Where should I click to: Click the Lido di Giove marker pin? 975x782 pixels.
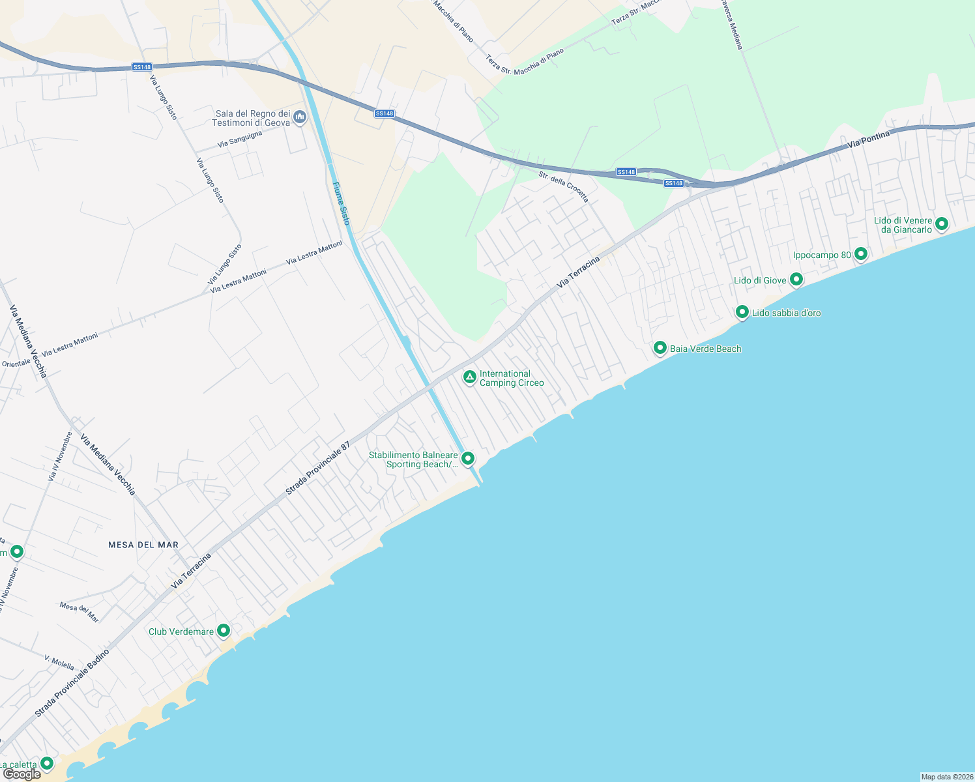tap(796, 280)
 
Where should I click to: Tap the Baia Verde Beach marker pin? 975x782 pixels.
tap(660, 348)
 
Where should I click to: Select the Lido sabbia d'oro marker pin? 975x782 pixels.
tap(742, 312)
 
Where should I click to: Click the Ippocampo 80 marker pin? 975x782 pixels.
tap(861, 253)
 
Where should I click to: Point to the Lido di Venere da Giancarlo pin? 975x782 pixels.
tap(941, 224)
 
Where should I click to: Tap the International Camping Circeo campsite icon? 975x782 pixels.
tap(469, 377)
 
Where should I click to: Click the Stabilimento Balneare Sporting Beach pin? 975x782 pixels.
tap(467, 459)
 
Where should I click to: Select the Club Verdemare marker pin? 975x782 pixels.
tap(224, 630)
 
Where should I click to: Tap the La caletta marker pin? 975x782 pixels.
tap(47, 763)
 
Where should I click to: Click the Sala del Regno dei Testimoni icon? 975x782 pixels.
tap(300, 117)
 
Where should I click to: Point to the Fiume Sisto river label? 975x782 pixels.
tap(341, 203)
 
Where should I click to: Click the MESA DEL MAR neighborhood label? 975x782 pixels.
tap(143, 545)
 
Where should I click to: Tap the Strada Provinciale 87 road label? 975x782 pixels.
tap(319, 467)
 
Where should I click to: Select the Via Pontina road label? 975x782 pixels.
tap(869, 139)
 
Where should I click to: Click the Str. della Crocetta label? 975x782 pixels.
tap(563, 186)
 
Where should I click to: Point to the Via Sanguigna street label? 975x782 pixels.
tap(240, 138)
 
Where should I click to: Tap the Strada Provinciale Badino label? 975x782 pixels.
tap(72, 683)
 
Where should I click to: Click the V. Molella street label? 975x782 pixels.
tap(59, 662)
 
